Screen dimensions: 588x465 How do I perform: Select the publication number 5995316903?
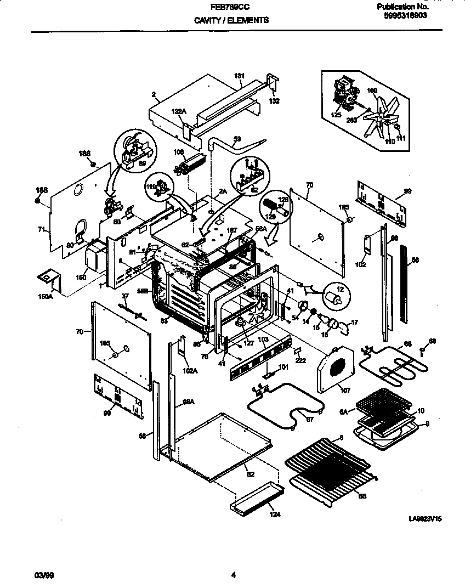406,16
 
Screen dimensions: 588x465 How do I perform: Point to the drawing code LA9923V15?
425,518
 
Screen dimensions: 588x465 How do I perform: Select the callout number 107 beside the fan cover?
344,391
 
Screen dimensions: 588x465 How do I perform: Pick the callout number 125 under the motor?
336,116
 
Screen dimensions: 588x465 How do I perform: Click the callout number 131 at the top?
239,76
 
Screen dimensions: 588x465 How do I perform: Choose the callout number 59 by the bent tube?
237,139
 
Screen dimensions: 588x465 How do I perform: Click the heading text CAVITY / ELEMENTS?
231,20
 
